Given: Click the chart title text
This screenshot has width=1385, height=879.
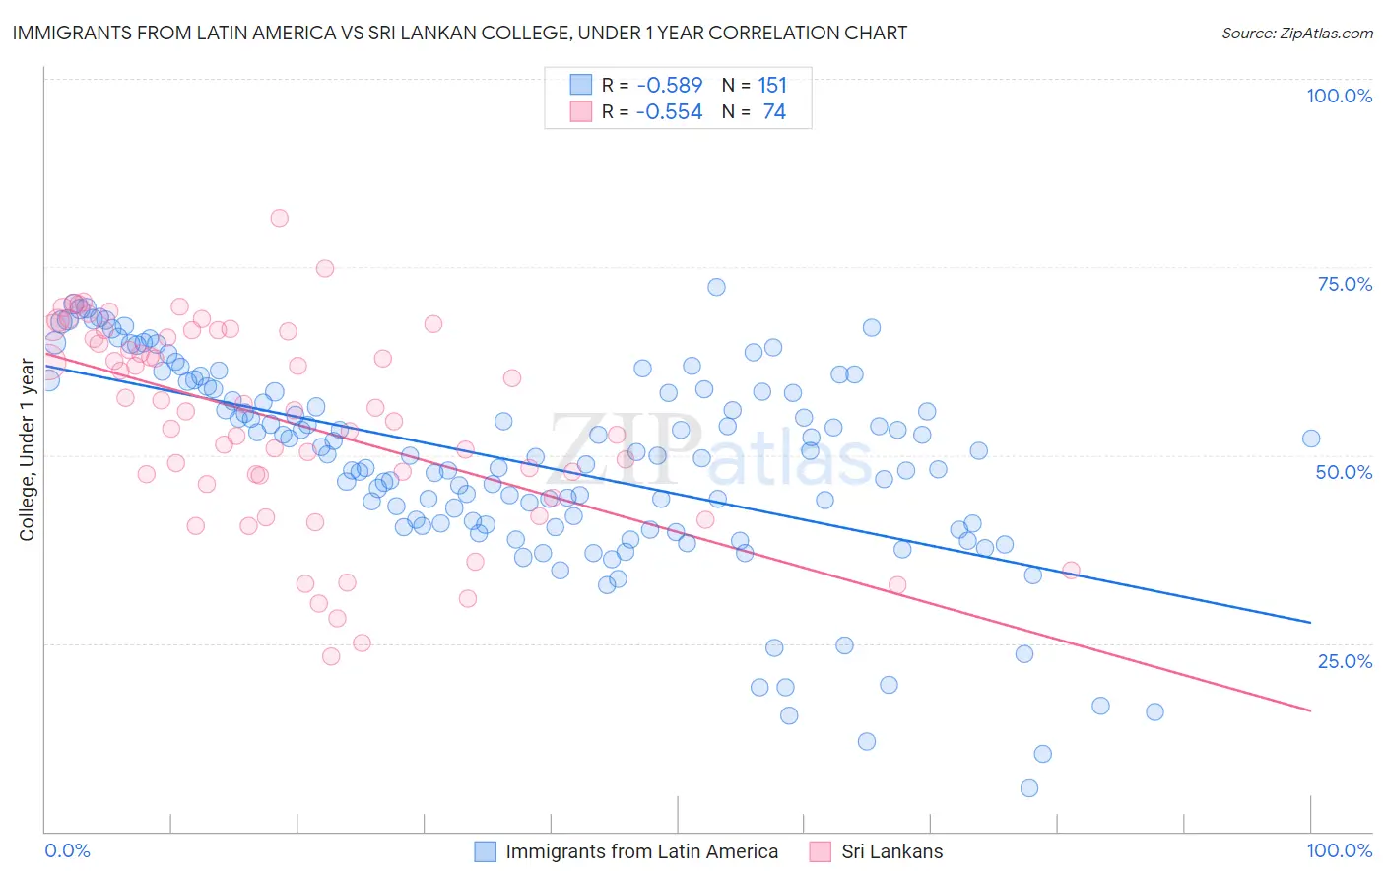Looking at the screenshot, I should pyautogui.click(x=460, y=33).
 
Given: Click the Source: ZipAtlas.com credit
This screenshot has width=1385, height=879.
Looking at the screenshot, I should pyautogui.click(x=1296, y=33).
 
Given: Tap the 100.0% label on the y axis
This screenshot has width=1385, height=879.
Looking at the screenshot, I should pyautogui.click(x=1339, y=96).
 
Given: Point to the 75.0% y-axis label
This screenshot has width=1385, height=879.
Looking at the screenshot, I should pyautogui.click(x=1345, y=284).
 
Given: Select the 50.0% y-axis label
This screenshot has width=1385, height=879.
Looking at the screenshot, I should pyautogui.click(x=1344, y=472).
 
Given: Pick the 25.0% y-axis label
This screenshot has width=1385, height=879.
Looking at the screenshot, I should pyautogui.click(x=1345, y=661).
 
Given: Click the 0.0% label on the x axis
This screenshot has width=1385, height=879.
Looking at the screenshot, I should pyautogui.click(x=68, y=850).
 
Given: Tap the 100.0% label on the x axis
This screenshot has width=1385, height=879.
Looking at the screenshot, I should pyautogui.click(x=1339, y=850).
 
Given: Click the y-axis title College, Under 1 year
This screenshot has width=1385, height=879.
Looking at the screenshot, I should pyautogui.click(x=28, y=450).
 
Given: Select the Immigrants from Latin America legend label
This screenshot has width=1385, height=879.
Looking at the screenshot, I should pyautogui.click(x=641, y=851).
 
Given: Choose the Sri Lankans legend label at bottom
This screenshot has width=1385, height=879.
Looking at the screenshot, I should pyautogui.click(x=891, y=851).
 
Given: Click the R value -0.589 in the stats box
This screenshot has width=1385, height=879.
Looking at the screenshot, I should pyautogui.click(x=670, y=86).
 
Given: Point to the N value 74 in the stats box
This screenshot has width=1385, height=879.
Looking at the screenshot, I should pyautogui.click(x=774, y=112).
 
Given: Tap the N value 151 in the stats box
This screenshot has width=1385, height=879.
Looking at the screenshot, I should pyautogui.click(x=772, y=86).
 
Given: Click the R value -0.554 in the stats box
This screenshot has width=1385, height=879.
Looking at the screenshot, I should pyautogui.click(x=670, y=112).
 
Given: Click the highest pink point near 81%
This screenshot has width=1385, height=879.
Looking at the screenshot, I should pyautogui.click(x=279, y=218).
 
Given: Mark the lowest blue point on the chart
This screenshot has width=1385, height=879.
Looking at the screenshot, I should pyautogui.click(x=1029, y=788).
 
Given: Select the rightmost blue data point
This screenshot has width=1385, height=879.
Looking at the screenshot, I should pyautogui.click(x=1311, y=439).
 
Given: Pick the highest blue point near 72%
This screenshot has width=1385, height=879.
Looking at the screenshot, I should pyautogui.click(x=716, y=287).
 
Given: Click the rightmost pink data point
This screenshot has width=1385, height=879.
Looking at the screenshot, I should pyautogui.click(x=1072, y=571).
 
